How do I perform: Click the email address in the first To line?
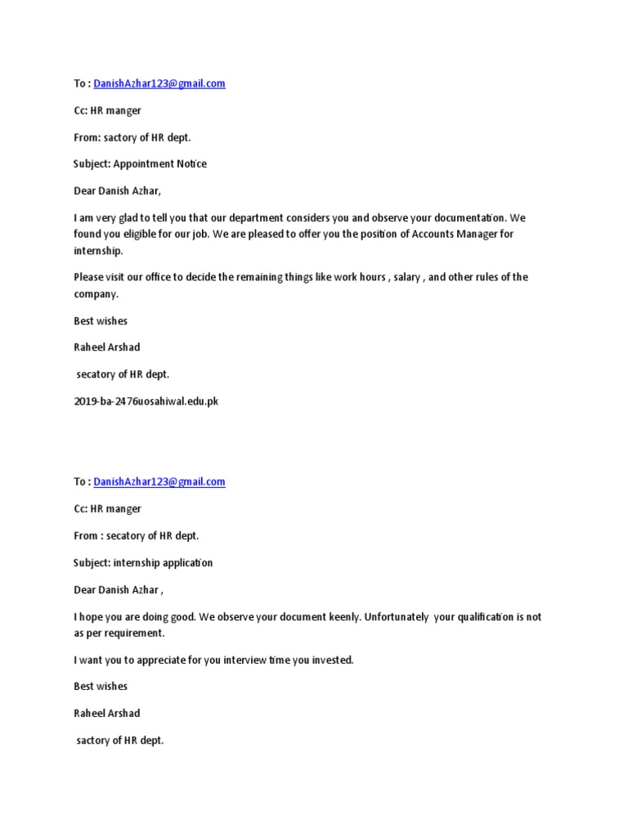(159, 83)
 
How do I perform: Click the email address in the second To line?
(159, 482)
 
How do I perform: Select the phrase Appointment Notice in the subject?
(159, 163)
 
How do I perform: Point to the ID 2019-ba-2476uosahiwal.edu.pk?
(146, 401)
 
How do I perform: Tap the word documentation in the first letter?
(468, 218)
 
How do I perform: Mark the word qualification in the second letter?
(482, 617)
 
